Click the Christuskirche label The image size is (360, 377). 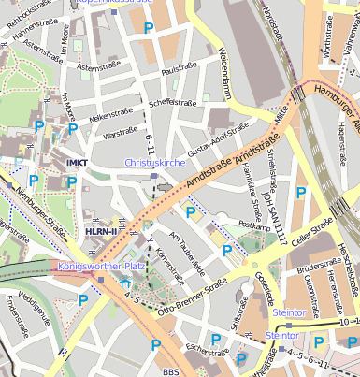154,162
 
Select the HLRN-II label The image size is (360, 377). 101,231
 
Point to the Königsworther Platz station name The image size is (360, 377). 100,266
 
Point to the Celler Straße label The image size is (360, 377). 311,230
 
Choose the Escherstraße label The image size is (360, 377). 207,351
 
